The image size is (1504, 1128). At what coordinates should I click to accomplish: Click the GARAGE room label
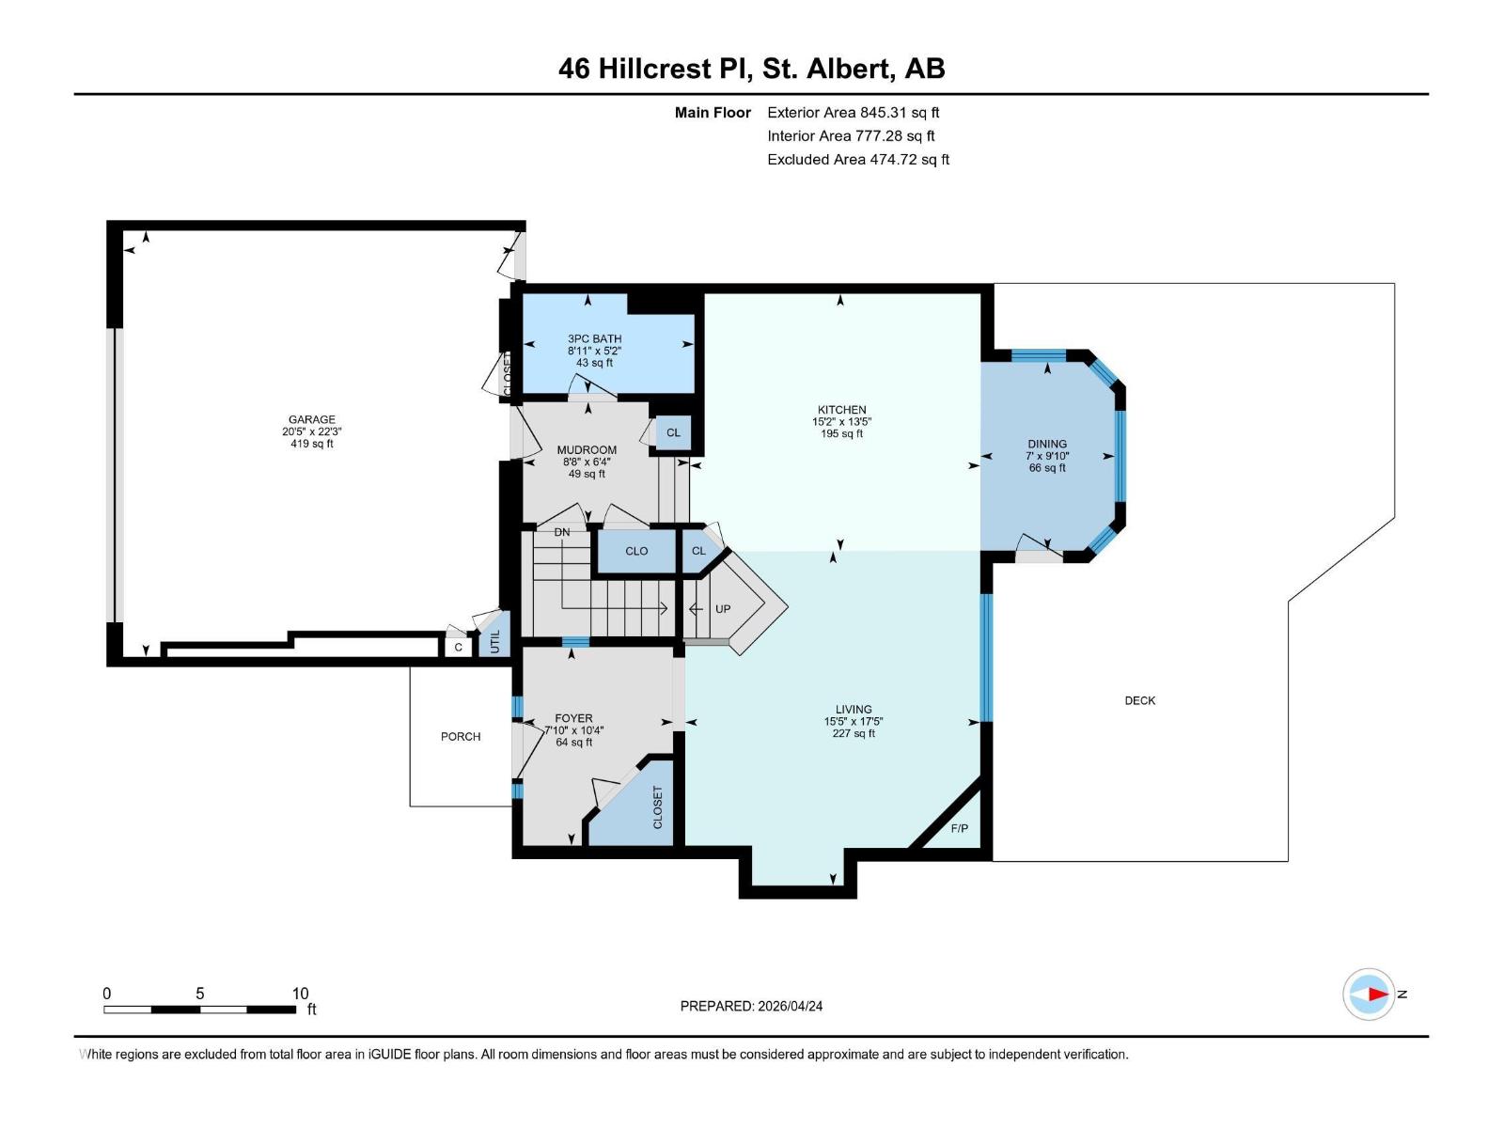pyautogui.click(x=311, y=420)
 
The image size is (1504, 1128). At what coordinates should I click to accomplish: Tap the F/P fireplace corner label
pyautogui.click(x=959, y=829)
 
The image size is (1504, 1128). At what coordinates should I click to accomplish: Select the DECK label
pyautogui.click(x=1139, y=700)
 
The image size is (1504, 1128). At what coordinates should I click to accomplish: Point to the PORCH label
pyautogui.click(x=461, y=737)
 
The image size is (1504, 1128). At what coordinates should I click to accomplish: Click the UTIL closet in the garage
pyautogui.click(x=495, y=641)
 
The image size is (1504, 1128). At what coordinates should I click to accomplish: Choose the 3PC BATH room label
pyautogui.click(x=594, y=338)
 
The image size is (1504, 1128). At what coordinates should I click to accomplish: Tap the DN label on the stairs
pyautogui.click(x=561, y=532)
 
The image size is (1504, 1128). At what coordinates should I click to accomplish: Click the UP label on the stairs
pyautogui.click(x=722, y=609)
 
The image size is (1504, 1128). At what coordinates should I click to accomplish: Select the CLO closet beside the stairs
pyautogui.click(x=636, y=552)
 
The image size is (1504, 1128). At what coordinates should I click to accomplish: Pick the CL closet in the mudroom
pyautogui.click(x=673, y=433)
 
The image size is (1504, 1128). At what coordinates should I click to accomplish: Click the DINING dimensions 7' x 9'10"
pyautogui.click(x=1047, y=456)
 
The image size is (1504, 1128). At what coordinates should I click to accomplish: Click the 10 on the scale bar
pyautogui.click(x=300, y=994)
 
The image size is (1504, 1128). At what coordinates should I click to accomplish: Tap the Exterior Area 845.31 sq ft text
pyautogui.click(x=853, y=113)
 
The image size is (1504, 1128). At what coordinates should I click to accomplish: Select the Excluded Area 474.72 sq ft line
pyautogui.click(x=857, y=160)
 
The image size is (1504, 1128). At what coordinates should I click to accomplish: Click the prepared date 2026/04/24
pyautogui.click(x=790, y=1006)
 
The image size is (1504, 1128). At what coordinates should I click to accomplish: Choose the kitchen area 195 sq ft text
pyautogui.click(x=841, y=434)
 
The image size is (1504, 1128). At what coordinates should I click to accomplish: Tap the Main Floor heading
pyautogui.click(x=713, y=113)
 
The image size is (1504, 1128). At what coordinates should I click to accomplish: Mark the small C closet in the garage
pyautogui.click(x=458, y=648)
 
